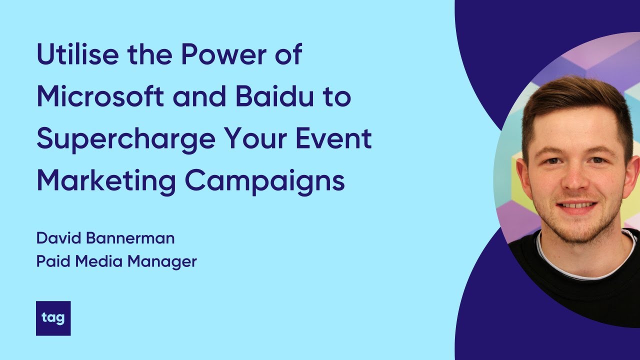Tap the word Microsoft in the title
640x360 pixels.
100,97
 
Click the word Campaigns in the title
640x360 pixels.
265,182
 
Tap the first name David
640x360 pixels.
58,238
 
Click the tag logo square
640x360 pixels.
53,318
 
